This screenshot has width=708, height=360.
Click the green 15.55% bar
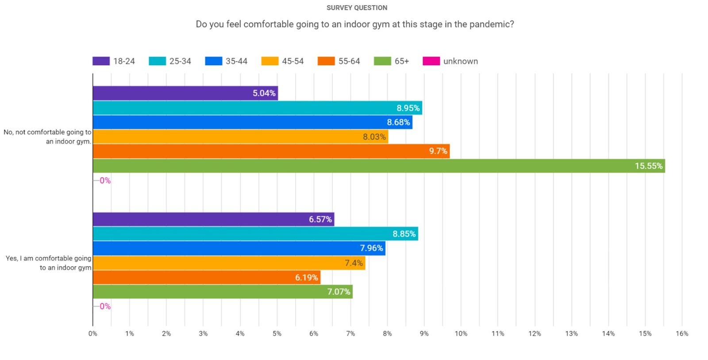[378, 166]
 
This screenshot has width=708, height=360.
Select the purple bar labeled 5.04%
[185, 93]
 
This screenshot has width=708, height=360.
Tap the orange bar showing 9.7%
[271, 151]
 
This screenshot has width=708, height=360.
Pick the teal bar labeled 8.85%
[255, 234]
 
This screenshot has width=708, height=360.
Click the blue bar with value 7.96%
[239, 248]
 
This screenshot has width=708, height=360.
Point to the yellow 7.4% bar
[229, 263]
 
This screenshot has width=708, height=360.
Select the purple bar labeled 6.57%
[213, 219]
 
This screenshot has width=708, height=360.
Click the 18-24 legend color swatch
[101, 61]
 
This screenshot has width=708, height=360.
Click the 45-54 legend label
[292, 61]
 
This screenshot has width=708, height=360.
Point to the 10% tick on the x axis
[461, 333]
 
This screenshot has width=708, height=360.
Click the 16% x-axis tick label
[681, 333]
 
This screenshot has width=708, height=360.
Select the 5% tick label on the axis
[277, 333]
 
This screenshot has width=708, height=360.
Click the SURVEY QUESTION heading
[357, 8]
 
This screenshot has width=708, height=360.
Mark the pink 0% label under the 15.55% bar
[105, 180]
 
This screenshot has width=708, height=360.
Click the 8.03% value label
[374, 137]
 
